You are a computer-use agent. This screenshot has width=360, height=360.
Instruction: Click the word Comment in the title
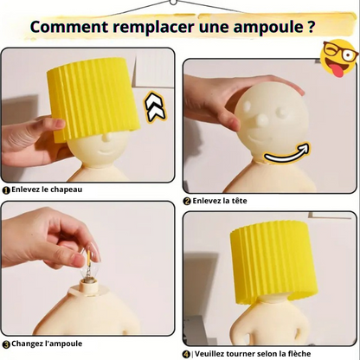69,27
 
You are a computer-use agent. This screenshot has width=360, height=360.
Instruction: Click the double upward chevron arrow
155,107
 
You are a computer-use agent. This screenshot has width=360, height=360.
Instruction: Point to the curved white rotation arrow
286,153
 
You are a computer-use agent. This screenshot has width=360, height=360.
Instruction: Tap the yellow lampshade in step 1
93,100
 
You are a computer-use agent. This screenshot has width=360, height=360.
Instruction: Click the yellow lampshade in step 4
273,262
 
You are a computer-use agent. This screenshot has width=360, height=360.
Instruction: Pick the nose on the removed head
261,121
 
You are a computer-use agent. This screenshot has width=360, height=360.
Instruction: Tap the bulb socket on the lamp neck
88,288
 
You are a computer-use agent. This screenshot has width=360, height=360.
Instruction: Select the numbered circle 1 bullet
6,190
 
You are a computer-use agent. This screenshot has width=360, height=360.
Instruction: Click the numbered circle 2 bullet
187,202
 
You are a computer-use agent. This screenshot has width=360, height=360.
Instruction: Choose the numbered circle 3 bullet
6,344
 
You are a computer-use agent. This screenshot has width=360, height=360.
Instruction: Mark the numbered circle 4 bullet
187,354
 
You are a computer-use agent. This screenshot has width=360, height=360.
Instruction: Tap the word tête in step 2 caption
237,201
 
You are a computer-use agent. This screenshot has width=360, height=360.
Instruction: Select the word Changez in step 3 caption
28,344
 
